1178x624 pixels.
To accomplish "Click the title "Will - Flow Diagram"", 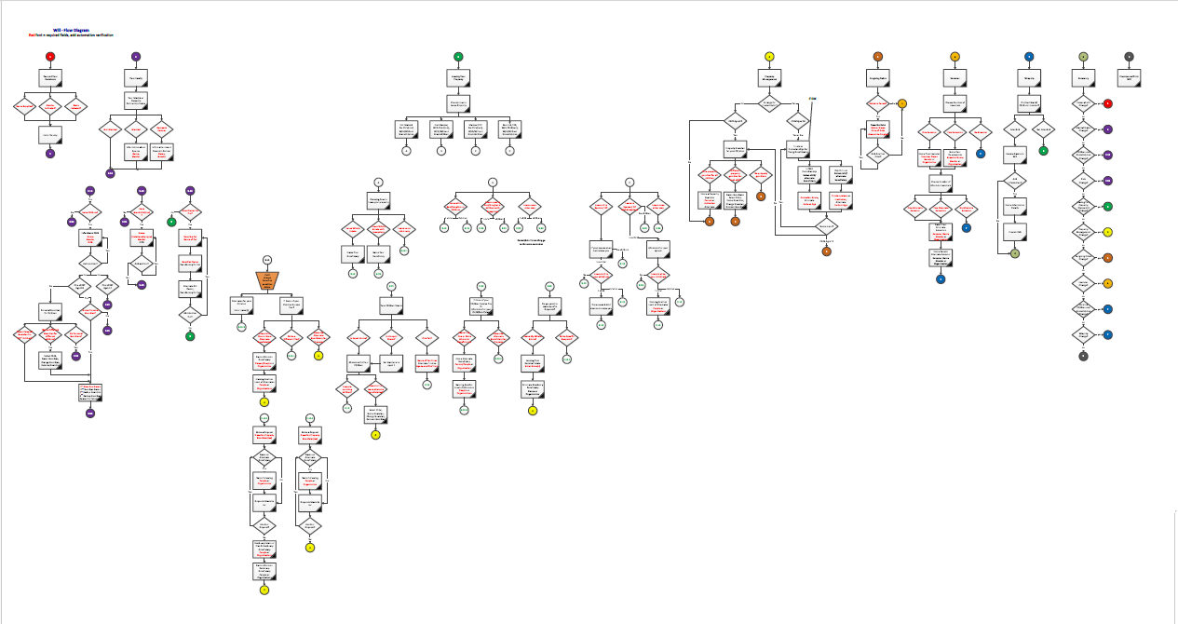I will coord(71,30).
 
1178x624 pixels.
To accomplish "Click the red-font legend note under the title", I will coord(71,35).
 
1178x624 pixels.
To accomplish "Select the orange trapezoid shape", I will coord(267,280).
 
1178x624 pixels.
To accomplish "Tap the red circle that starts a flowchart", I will coord(50,57).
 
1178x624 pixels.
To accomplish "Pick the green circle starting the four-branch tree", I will coord(457,57).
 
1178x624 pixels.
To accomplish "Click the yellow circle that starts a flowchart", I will coord(769,57).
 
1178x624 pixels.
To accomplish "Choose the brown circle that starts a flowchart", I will coord(877,57).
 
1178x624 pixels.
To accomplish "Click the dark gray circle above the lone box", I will coord(1129,57).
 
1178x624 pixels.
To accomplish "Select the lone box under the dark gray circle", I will coord(1129,78).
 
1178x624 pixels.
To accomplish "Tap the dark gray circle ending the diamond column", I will coord(1083,356).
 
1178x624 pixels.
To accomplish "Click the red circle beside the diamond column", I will coord(1107,103).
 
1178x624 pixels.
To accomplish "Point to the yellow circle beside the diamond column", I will coord(1107,231).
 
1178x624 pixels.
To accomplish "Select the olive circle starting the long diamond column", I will coord(1083,57).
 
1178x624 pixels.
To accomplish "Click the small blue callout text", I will coord(812,98).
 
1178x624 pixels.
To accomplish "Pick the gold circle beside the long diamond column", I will coord(1107,282).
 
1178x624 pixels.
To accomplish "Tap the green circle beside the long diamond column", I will coord(1107,206).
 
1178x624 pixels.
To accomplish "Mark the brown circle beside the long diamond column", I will coord(1107,257).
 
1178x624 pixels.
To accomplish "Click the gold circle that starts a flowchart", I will coord(955,57).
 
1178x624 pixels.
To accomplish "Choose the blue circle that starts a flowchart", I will coord(1028,57).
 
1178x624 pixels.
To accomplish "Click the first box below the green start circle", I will coord(457,78).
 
